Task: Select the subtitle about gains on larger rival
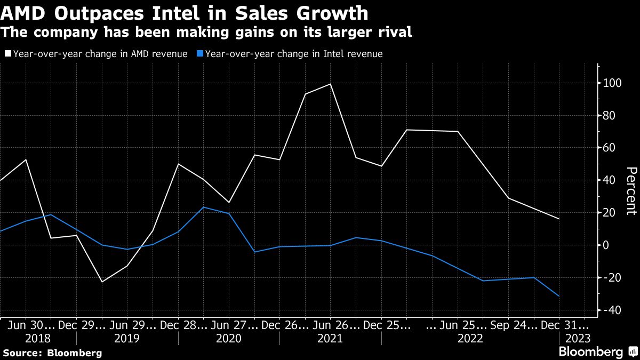click(207, 33)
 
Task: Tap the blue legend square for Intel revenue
click(199, 54)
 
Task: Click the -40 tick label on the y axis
click(613, 310)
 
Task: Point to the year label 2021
click(331, 339)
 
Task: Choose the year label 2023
click(578, 339)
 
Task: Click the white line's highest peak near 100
click(330, 84)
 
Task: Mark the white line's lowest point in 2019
click(101, 282)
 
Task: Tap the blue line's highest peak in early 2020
click(204, 207)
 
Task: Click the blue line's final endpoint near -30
click(559, 296)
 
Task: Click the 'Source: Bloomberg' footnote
click(52, 353)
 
